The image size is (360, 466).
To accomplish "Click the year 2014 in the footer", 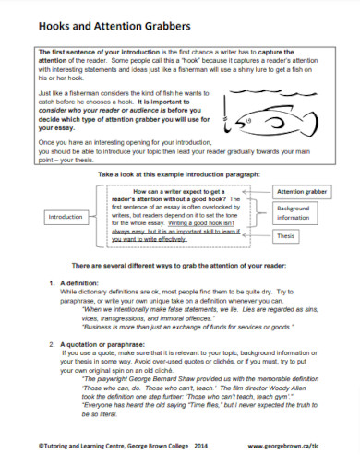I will pos(197,445).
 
